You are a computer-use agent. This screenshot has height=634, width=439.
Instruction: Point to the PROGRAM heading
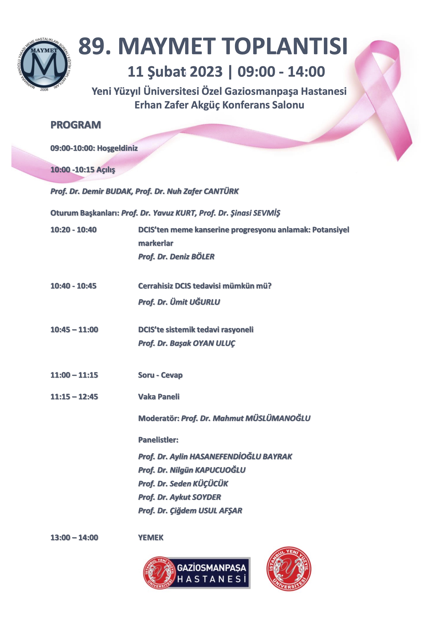point(76,125)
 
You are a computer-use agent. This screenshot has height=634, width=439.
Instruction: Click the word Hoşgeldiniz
point(117,148)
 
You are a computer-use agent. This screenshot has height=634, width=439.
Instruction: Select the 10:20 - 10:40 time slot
point(73,230)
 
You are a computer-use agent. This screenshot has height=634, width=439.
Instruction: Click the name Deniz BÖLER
point(192,257)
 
